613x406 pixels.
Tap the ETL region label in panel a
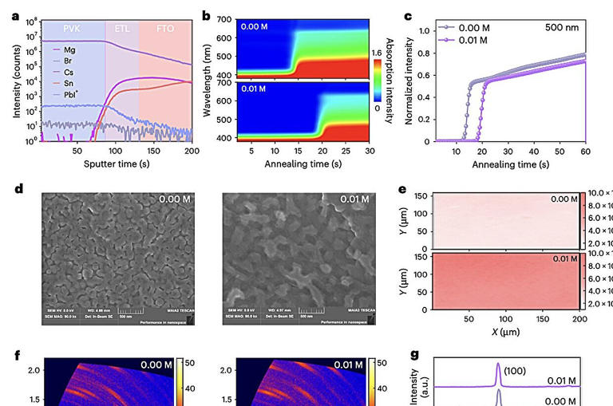click(x=122, y=28)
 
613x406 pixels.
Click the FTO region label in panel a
click(x=165, y=28)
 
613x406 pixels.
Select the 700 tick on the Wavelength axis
click(x=224, y=18)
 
